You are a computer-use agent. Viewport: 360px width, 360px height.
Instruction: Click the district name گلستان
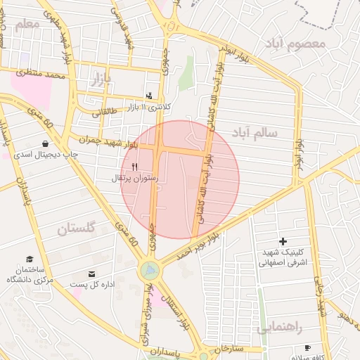pos(75,229)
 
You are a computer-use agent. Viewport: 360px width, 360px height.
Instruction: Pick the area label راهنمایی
pos(279,327)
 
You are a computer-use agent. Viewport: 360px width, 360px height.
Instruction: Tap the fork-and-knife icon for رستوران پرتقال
pos(134,167)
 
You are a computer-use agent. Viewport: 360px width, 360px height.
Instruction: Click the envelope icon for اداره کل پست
pos(91,274)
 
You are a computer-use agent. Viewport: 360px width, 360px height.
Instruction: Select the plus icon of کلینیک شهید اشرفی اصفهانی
pos(283,242)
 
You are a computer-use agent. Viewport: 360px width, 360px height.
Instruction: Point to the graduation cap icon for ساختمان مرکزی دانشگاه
pos(30,259)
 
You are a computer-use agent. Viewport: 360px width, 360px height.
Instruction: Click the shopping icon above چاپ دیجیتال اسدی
pos(45,143)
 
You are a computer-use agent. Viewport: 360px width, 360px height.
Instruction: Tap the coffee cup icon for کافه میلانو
pos(307,348)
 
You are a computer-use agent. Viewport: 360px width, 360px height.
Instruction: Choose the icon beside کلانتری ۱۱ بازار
pos(148,96)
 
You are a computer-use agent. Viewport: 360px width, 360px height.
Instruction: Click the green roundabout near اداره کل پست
pos(149,270)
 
